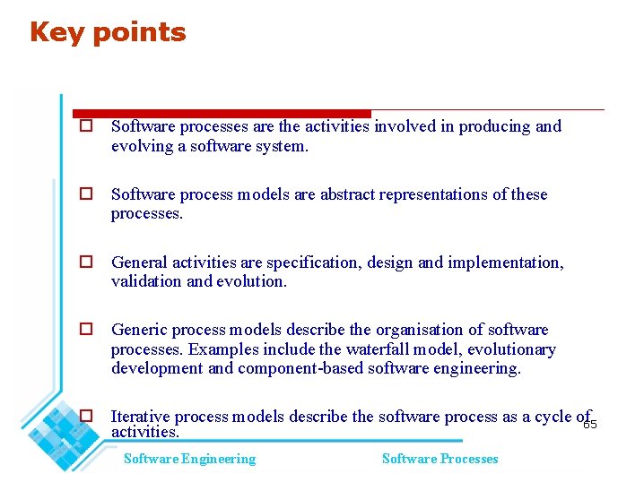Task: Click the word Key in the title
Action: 56,32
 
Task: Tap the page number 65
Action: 589,425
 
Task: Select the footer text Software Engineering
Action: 189,459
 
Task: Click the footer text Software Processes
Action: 439,459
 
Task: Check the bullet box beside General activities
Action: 86,263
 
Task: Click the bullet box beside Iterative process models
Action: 86,416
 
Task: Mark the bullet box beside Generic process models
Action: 86,330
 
